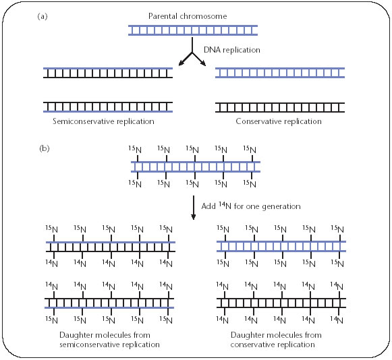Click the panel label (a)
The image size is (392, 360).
click(43, 16)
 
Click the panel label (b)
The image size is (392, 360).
click(45, 148)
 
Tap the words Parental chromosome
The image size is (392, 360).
click(188, 16)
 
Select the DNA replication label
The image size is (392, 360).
click(231, 50)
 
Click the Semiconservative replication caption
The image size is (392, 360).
click(103, 121)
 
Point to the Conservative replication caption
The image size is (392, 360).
click(279, 121)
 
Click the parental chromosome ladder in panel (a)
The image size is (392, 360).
click(193, 30)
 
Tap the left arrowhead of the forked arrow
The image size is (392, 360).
click(181, 63)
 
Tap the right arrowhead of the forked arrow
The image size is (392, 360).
click(203, 63)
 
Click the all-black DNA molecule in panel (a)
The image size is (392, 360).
click(280, 107)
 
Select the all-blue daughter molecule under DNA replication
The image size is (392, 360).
click(280, 73)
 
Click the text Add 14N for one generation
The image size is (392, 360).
click(251, 206)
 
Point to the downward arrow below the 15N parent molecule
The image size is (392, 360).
click(193, 208)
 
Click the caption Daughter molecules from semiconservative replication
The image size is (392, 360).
click(109, 340)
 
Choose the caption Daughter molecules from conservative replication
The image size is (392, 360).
click(276, 340)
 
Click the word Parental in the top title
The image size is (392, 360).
click(163, 16)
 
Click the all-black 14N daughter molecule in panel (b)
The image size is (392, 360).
click(281, 303)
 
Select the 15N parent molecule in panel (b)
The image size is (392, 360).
click(196, 167)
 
